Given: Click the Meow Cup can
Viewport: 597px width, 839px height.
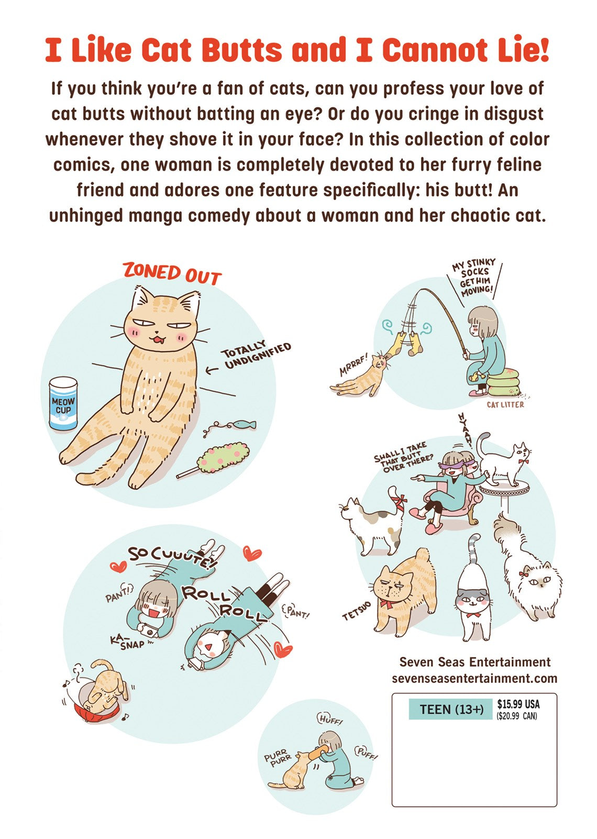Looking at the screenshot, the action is (63, 403).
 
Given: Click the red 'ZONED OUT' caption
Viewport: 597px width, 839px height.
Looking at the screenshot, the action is (172, 274).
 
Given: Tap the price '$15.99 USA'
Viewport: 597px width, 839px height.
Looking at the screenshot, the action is (518, 704).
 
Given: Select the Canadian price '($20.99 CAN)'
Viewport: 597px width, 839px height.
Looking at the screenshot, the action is (517, 716).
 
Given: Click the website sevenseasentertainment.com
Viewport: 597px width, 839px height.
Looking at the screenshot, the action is (474, 678).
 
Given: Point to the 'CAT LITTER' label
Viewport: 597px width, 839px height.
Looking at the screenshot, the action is (505, 404).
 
